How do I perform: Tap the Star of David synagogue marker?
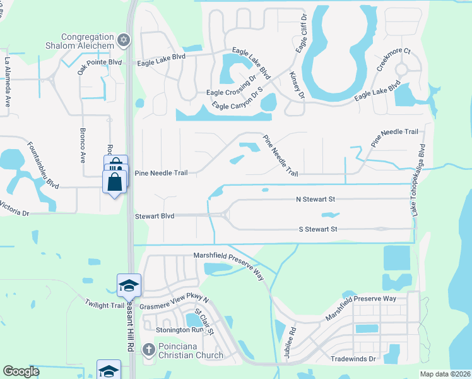(x=124, y=40)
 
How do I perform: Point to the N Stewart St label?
(x=315, y=199)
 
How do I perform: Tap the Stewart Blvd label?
(x=154, y=216)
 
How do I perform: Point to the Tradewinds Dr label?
(x=353, y=358)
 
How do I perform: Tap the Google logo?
(x=21, y=371)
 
